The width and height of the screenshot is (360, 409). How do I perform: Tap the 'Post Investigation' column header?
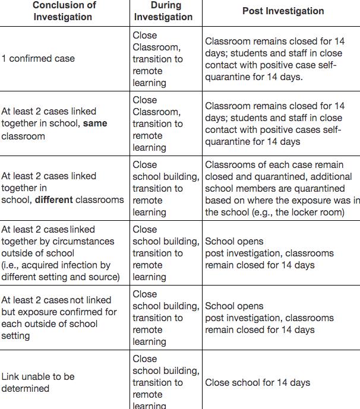click(283, 11)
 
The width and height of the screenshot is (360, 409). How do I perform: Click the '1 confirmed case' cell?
click(38, 59)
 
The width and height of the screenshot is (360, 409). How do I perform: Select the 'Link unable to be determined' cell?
click(37, 383)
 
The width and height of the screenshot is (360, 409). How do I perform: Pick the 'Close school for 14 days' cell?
click(257, 383)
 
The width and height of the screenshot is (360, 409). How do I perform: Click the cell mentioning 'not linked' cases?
click(59, 318)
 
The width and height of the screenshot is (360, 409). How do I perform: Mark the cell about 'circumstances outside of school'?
click(60, 253)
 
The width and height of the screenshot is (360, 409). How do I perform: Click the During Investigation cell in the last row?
click(166, 383)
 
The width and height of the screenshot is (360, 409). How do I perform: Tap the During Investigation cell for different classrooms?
click(166, 188)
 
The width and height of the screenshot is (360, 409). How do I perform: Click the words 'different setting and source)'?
click(61, 277)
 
